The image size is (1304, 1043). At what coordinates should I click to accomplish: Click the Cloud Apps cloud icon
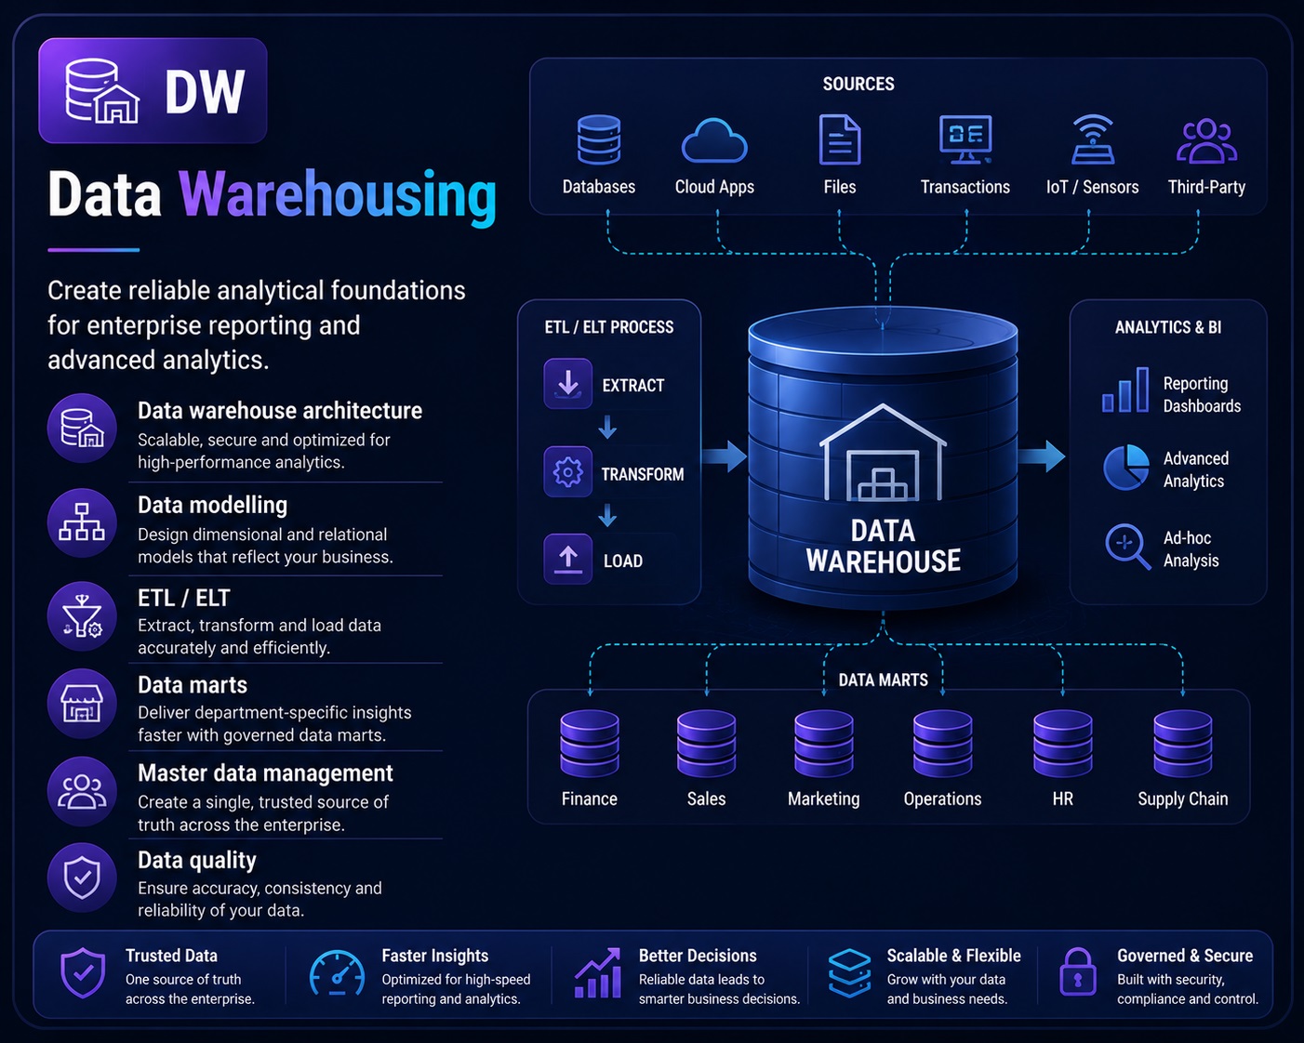coord(714,140)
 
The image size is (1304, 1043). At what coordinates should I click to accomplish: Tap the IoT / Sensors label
coord(1092,187)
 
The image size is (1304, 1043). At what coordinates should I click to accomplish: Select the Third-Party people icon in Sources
coord(1206,141)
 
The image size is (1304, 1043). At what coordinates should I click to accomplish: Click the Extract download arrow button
coord(567,383)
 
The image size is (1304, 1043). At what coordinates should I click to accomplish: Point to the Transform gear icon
coord(567,472)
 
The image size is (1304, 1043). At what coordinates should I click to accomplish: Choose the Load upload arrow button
coord(567,559)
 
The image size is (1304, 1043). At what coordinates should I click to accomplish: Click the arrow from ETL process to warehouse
coord(725,456)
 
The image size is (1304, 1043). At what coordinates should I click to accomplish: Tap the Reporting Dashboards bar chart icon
coord(1125,390)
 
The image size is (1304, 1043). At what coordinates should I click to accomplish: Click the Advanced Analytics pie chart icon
coord(1125,468)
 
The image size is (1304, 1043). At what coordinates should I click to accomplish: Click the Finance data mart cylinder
coord(590,743)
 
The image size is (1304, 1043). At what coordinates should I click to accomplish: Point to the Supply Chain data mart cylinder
coord(1183,743)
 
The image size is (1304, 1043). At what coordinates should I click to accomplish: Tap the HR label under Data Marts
coord(1063,799)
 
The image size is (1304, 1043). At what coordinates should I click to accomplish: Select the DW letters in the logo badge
coord(205,91)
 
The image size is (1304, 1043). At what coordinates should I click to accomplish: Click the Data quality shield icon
coord(83,877)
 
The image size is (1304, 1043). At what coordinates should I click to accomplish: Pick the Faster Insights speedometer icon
coord(337,972)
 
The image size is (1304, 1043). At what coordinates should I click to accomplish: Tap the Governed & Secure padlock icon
coord(1078,971)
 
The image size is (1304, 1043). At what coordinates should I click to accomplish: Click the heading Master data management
coord(265,773)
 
